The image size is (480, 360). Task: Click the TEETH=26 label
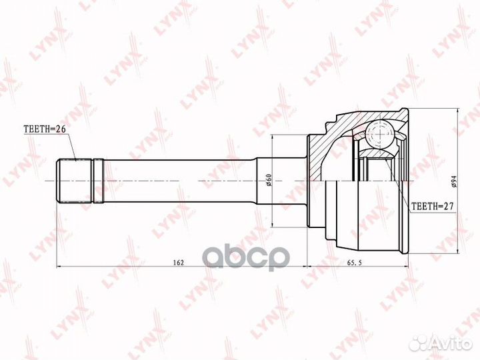pos(45,129)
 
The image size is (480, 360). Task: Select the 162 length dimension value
pos(178,262)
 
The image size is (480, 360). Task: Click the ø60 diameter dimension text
pos(268,180)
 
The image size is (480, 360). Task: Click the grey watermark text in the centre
pos(246,257)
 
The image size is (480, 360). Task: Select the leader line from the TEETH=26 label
pos(75,143)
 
